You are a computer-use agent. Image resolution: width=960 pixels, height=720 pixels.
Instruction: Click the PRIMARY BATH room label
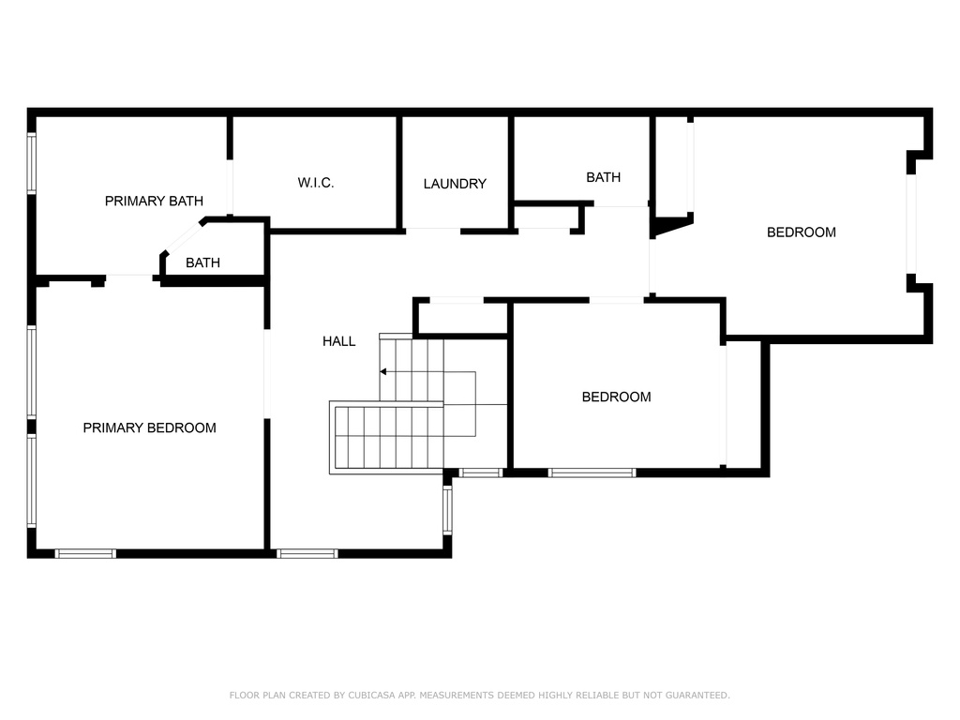point(154,201)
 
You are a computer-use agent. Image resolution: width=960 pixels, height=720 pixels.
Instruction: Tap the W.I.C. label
point(316,183)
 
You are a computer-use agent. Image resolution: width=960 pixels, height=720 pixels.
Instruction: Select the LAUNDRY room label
point(455,184)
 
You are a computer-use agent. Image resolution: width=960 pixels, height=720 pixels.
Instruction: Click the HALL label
point(338,341)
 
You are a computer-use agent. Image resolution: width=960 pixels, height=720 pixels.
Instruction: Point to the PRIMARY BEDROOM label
point(149,427)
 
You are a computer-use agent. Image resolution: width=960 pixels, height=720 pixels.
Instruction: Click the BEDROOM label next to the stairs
point(616,397)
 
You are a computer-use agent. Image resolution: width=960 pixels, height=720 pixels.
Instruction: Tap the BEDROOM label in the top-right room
point(801,232)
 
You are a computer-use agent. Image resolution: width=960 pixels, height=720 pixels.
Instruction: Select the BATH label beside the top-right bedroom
point(603,177)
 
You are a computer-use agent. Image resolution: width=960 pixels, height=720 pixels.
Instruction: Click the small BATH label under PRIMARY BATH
point(202,262)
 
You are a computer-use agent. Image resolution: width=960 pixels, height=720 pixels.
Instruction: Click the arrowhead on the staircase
point(383,372)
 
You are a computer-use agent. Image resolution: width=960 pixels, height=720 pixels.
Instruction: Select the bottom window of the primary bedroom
point(85,554)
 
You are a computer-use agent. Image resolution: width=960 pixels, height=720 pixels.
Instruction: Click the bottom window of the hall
point(307,554)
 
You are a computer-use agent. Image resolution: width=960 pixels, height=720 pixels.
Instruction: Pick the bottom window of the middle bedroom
point(592,473)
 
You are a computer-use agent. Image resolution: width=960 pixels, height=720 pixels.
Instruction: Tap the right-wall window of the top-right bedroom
point(910,224)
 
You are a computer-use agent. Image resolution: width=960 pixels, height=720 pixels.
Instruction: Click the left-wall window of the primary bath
point(32,163)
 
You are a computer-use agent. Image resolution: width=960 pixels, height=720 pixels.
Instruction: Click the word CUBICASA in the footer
point(371,696)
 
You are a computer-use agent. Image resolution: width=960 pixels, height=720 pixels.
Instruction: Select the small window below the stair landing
point(481,473)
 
